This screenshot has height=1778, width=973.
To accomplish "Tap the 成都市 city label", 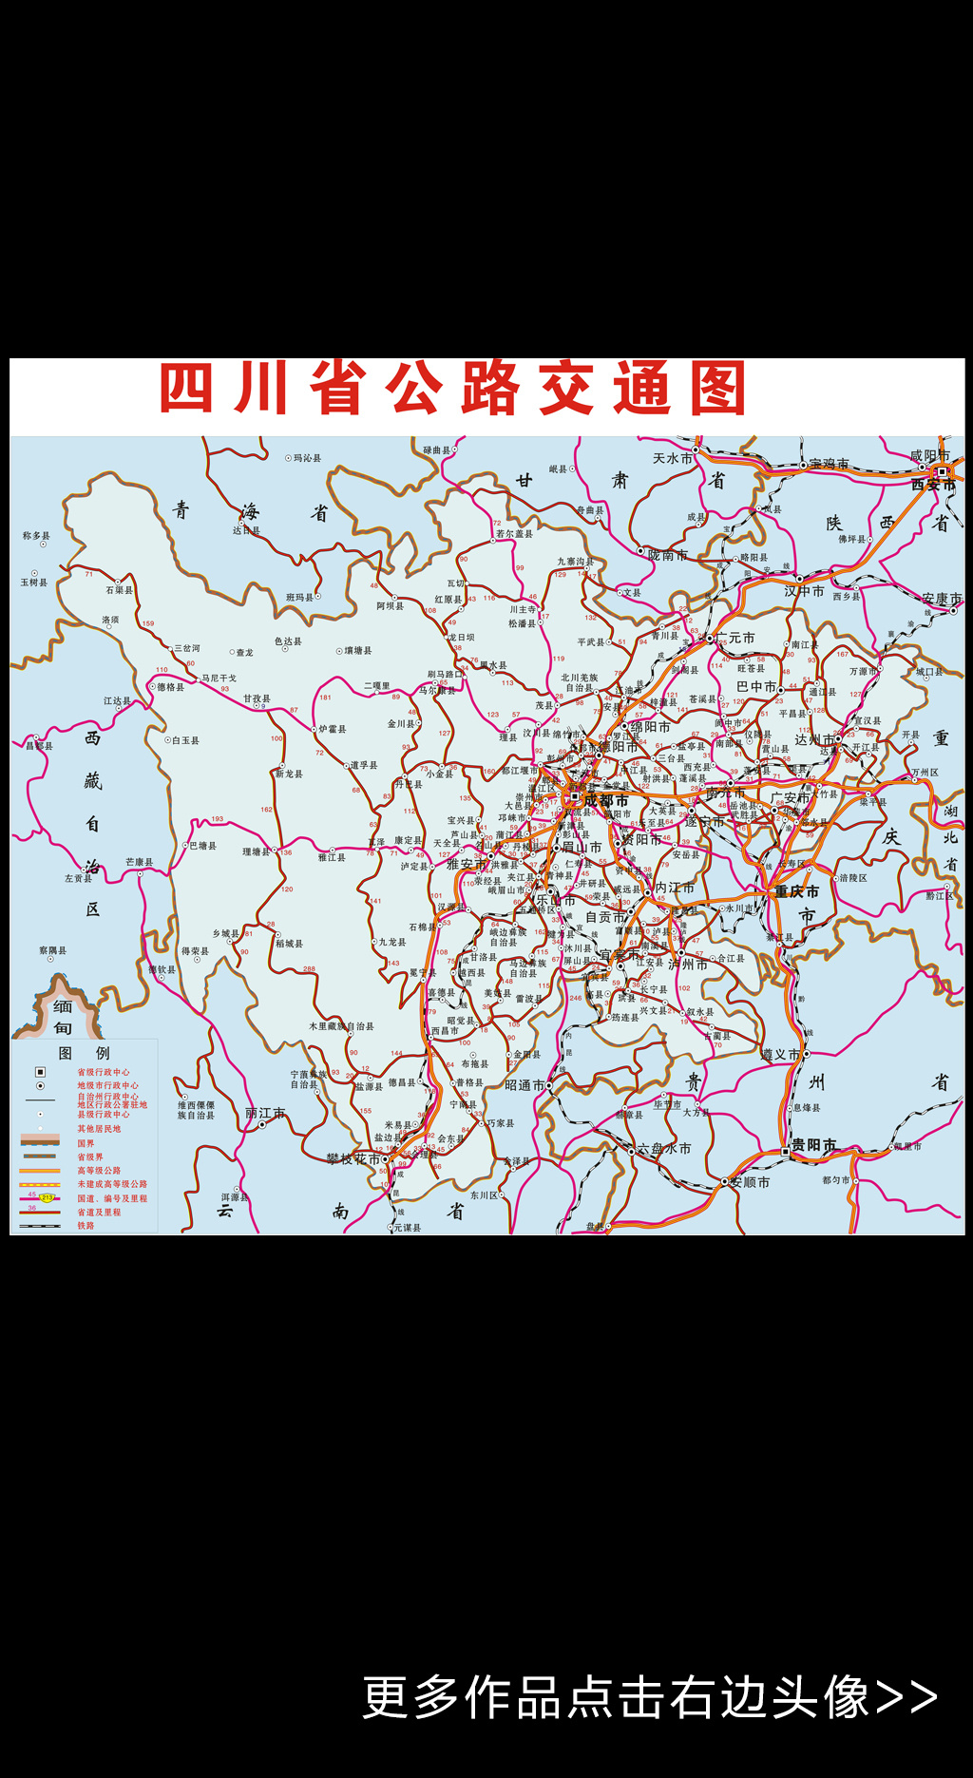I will click(x=605, y=800).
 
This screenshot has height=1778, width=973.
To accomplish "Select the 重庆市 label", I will click(x=796, y=891).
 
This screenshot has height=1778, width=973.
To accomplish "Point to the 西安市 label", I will click(x=932, y=485).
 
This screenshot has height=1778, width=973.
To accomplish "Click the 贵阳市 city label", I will click(x=813, y=1145).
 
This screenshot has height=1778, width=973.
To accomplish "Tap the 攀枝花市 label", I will click(x=353, y=1159).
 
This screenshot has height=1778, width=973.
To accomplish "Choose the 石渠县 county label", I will click(x=120, y=590).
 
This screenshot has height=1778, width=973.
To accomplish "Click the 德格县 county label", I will click(x=171, y=687).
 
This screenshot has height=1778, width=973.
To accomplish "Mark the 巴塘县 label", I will click(x=203, y=846).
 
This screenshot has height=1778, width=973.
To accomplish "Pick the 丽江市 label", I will click(x=265, y=1113).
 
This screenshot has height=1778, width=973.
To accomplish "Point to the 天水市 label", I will click(x=673, y=458).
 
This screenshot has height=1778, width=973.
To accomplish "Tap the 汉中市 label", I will click(x=804, y=591).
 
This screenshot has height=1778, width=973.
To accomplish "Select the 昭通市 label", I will click(x=525, y=1085).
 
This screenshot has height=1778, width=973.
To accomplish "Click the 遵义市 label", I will click(x=781, y=1055).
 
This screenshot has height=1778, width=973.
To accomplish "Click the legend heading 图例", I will click(x=84, y=1053).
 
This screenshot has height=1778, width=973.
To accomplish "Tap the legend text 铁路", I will click(x=86, y=1226).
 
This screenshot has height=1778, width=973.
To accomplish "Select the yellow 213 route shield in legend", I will click(x=47, y=1197).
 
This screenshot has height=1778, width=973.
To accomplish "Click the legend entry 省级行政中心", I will click(x=104, y=1072).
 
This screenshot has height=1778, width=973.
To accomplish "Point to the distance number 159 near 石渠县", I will click(x=148, y=624).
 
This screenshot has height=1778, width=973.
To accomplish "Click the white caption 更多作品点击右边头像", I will click(x=649, y=1697).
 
